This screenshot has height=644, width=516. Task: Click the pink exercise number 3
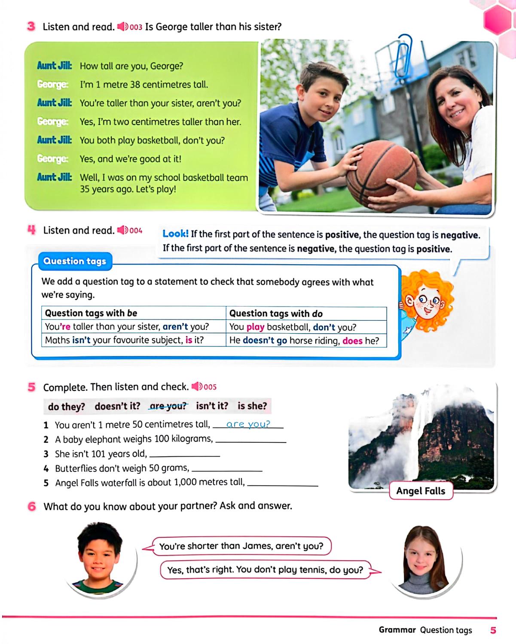click(31, 27)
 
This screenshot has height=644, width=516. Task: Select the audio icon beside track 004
click(122, 231)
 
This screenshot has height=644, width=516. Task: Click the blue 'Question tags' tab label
click(75, 261)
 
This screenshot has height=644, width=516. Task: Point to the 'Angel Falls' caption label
click(421, 491)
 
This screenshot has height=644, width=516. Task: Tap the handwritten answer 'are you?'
click(248, 424)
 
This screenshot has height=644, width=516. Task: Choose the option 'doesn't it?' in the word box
click(117, 406)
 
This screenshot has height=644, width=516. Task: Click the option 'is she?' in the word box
click(252, 406)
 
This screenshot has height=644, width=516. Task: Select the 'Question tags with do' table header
click(276, 313)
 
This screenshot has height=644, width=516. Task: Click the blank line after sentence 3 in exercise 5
click(184, 455)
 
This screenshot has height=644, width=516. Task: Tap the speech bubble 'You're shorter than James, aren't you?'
click(241, 546)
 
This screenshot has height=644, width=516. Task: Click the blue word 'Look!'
click(175, 234)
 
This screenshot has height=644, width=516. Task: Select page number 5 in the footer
click(493, 630)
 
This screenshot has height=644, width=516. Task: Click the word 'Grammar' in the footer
click(397, 630)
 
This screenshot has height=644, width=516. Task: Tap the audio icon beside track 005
click(197, 386)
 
